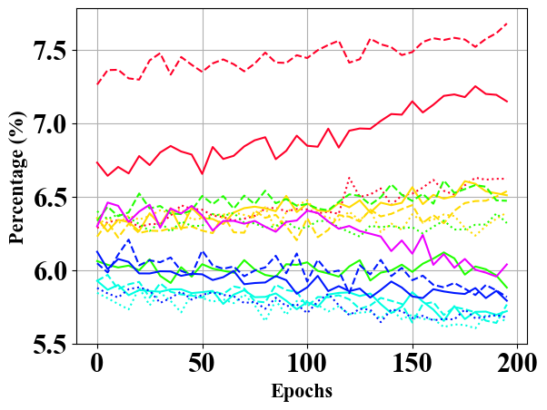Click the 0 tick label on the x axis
[97, 364]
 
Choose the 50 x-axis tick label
[203, 364]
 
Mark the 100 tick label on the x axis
[307, 364]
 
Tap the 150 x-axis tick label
[413, 364]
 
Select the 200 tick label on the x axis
[518, 364]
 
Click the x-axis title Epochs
[302, 391]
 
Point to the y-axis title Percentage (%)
[17, 178]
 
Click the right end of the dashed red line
[507, 24]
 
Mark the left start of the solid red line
[97, 162]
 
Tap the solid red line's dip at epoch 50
[203, 174]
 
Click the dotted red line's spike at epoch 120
[349, 178]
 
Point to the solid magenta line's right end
[507, 264]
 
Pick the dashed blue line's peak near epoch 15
[129, 239]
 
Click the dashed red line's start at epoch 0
[97, 84]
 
